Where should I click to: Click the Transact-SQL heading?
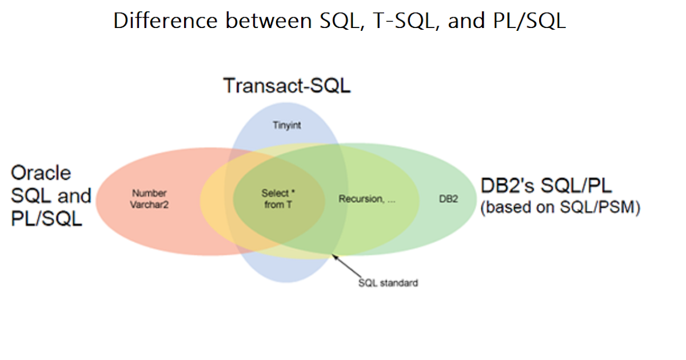pos(286,86)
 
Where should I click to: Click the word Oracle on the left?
pos(41,173)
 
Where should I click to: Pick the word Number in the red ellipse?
pos(149,193)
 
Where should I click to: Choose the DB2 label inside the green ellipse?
pos(449,199)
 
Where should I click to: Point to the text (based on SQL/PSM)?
pos(560,207)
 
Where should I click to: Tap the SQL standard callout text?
pos(388,282)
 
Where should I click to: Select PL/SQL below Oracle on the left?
pos(47,218)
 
